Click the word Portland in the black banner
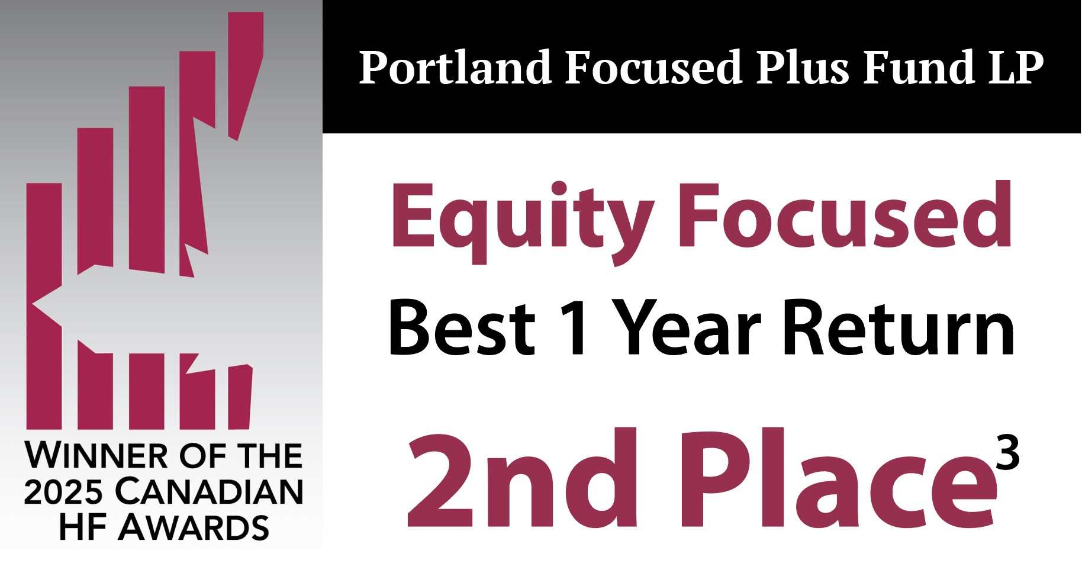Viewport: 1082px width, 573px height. pos(455,67)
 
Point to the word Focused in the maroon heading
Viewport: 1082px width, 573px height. pos(846,214)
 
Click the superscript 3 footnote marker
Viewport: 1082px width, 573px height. pos(1007,452)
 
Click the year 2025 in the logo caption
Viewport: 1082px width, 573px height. pos(63,491)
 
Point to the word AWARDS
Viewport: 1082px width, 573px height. pos(194,527)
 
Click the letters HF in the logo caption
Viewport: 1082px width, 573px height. pos(82,527)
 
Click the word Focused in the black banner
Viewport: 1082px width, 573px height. pos(653,67)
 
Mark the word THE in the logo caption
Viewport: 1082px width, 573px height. pos(269,456)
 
